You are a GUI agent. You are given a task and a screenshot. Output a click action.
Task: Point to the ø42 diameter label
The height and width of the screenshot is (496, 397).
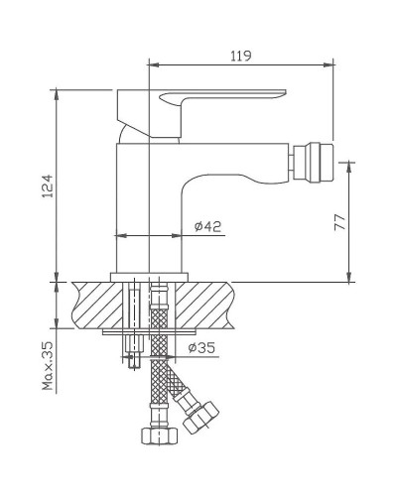(206, 227)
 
